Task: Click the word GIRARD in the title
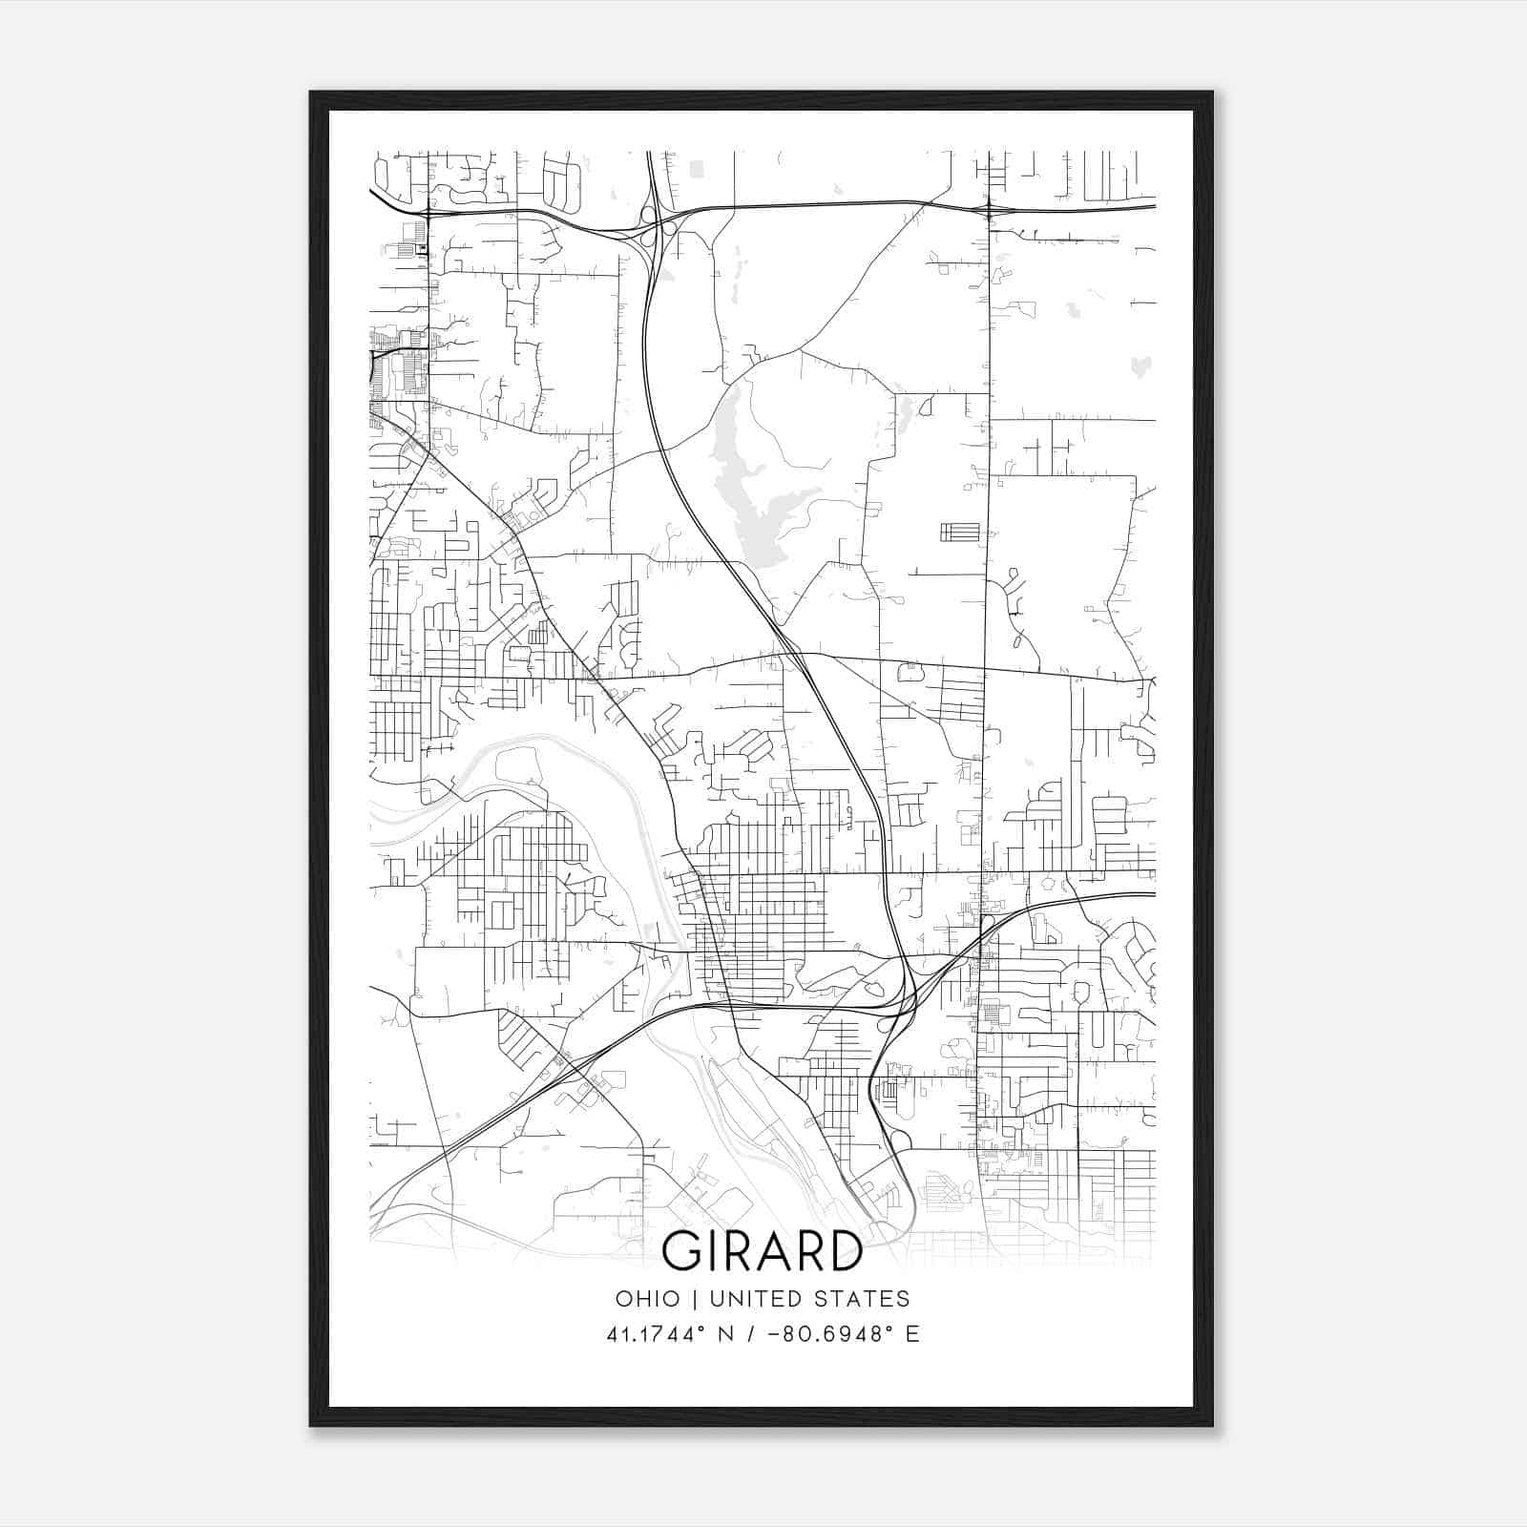762,1251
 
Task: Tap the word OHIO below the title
648,1299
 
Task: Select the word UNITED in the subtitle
750,1299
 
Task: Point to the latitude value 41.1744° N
674,1334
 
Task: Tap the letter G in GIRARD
682,1251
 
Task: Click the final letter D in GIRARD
844,1251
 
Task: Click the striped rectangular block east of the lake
959,532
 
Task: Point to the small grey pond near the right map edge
1140,366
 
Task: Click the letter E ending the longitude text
913,1334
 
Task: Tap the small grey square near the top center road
696,169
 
